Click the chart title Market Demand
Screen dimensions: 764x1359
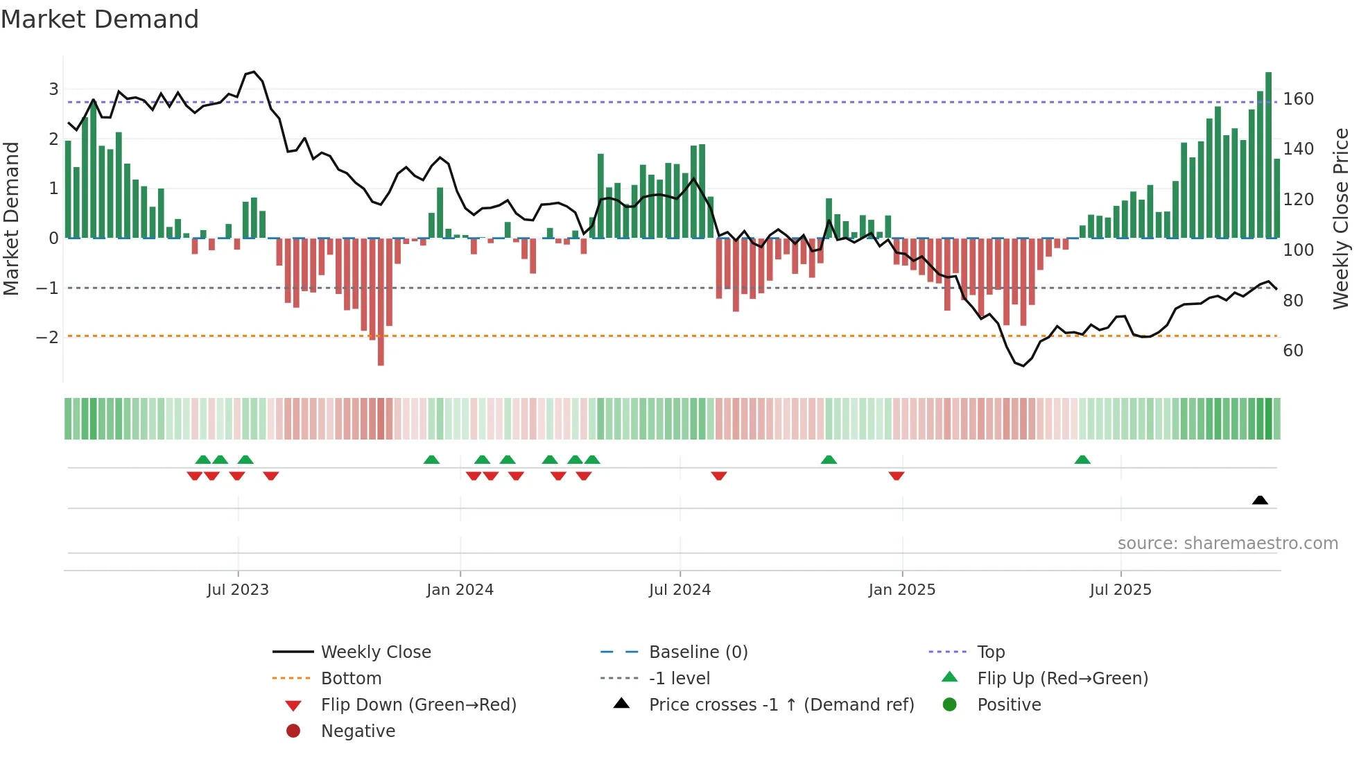100,19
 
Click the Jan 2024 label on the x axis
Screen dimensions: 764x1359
460,590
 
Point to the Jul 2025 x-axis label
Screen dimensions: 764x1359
1120,590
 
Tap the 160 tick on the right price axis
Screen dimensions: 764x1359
1298,99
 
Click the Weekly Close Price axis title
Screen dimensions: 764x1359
1341,218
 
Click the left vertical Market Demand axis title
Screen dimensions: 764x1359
12,218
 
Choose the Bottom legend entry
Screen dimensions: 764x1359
351,679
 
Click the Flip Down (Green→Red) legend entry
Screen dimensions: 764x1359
418,705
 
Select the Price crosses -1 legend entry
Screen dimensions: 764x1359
781,705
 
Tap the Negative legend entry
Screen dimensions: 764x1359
358,731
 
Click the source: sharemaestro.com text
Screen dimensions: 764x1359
1227,544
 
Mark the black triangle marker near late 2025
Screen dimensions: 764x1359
1260,501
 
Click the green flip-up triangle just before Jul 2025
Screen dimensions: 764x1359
1082,460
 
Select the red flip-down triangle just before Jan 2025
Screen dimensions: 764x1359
897,476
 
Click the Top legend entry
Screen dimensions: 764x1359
991,652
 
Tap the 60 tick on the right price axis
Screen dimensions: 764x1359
1292,351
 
